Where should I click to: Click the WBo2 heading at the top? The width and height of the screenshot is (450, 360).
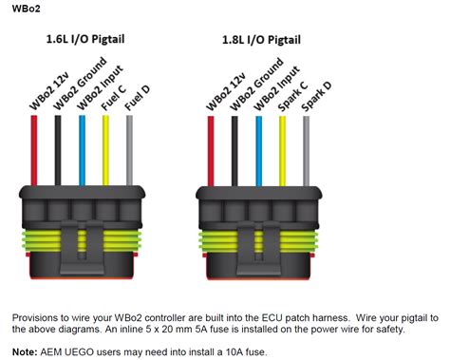17,8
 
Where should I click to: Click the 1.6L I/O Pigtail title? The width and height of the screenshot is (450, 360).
85,40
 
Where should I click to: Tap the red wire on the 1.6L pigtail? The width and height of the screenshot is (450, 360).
35,152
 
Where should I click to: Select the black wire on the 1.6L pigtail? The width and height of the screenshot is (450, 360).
58,152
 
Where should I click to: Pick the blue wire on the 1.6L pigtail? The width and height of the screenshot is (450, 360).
82,152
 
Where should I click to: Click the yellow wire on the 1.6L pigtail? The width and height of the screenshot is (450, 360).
105,152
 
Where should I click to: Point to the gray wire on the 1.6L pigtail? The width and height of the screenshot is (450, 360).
128,152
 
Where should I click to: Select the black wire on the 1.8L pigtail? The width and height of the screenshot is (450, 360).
234,152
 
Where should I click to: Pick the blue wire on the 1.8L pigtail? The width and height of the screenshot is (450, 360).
257,152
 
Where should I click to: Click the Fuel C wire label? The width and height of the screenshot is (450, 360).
112,98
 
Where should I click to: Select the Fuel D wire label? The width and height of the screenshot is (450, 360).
135,98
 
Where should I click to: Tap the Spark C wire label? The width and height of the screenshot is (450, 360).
288,95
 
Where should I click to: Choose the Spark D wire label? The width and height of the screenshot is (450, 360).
311,95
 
